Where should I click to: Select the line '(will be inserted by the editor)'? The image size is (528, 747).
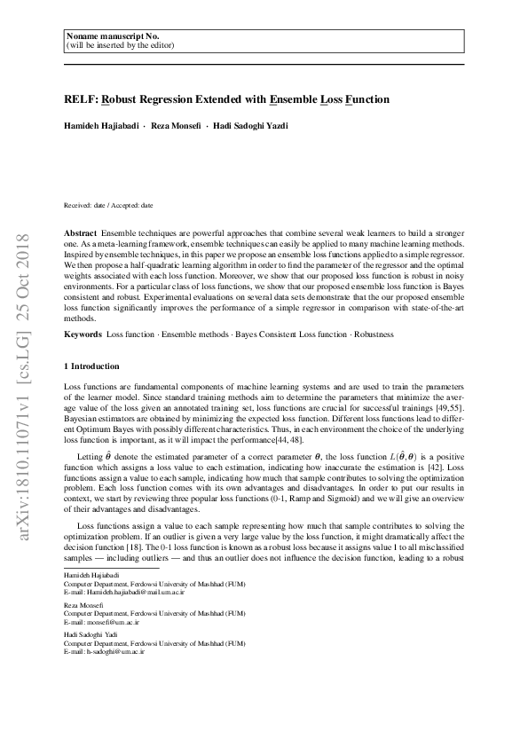(120, 43)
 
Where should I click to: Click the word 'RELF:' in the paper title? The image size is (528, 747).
(81, 101)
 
